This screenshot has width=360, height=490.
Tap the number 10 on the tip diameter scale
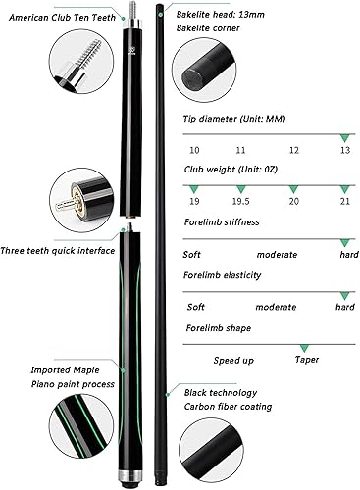(195, 151)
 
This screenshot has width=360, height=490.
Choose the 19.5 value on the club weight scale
(243, 202)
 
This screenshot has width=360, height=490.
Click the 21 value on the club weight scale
(344, 202)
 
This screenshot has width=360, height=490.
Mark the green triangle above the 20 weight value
(294, 187)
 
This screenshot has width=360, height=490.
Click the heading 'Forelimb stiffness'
(222, 222)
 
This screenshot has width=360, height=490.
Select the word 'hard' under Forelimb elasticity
(344, 307)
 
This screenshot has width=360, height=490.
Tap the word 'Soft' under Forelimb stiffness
(193, 255)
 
